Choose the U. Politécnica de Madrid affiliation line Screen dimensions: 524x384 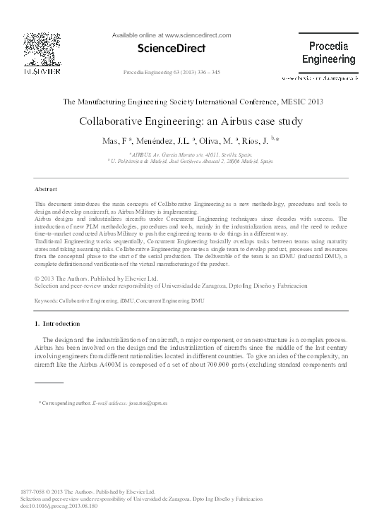point(191,161)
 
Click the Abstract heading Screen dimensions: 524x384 point(45,190)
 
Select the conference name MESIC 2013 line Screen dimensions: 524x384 point(192,102)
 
